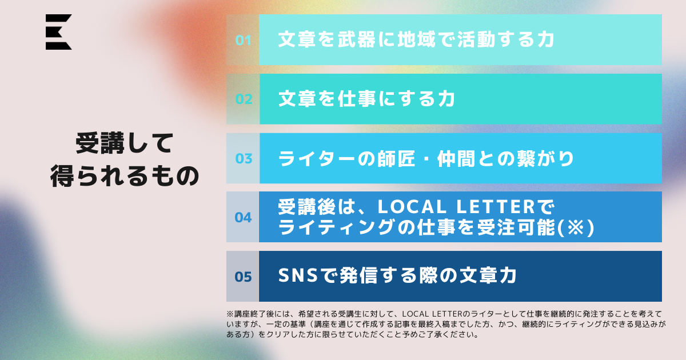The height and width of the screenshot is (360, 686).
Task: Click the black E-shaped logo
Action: (x=58, y=32)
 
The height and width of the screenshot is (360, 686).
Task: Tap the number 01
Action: (x=244, y=41)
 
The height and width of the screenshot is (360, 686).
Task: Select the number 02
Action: (x=244, y=99)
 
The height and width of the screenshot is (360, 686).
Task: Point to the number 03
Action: (x=244, y=159)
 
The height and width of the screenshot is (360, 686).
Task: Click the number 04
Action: (x=243, y=217)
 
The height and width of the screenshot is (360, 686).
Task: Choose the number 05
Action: (x=243, y=277)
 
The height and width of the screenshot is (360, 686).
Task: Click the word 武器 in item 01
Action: (x=357, y=39)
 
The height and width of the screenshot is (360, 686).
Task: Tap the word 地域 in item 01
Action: (x=417, y=39)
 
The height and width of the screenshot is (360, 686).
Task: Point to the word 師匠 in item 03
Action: (x=396, y=159)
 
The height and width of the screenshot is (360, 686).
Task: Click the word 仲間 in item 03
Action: (x=456, y=159)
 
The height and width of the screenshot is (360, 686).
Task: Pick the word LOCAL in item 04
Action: (x=412, y=207)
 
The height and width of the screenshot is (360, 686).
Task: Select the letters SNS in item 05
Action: (x=298, y=275)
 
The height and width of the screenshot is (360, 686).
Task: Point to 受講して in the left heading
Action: (x=125, y=143)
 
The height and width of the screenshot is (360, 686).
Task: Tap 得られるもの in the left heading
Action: (x=125, y=176)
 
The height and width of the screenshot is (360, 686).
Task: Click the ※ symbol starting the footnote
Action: (x=230, y=314)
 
